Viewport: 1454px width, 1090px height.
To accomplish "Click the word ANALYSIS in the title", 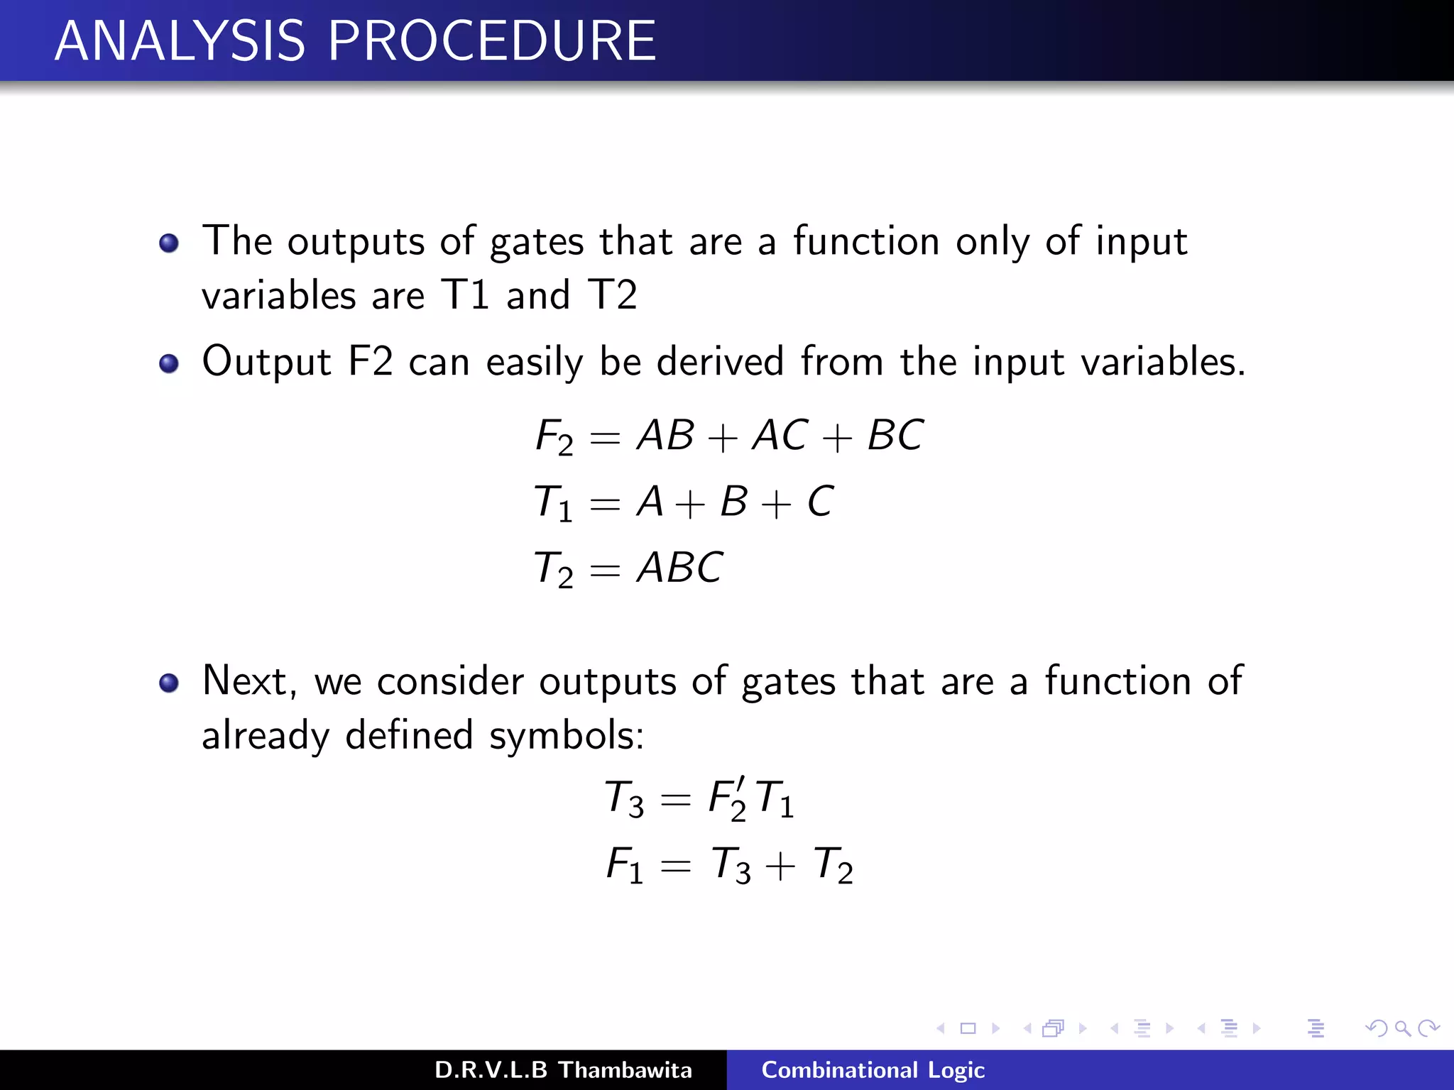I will click(x=180, y=41).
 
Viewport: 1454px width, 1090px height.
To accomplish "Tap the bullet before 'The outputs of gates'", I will click(x=169, y=244).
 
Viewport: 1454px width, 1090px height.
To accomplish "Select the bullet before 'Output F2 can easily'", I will click(x=169, y=364).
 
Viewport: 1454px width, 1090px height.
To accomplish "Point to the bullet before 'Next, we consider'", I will click(x=169, y=683).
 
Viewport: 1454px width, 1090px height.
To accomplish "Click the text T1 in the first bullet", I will click(x=466, y=294).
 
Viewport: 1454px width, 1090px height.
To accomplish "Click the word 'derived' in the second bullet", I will click(x=720, y=362).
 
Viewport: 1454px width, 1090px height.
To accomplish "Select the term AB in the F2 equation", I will click(x=665, y=435).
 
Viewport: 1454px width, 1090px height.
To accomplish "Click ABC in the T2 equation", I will click(x=679, y=568).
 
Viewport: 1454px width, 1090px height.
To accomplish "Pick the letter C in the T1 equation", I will click(x=820, y=502).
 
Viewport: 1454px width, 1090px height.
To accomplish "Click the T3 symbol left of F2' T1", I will click(x=624, y=798).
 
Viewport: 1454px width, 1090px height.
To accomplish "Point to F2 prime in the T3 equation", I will click(x=728, y=798).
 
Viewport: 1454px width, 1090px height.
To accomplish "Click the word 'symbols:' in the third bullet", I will click(x=567, y=735).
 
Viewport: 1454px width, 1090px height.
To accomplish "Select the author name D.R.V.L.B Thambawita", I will click(x=563, y=1070).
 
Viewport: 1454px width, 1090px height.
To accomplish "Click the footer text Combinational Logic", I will click(x=873, y=1070).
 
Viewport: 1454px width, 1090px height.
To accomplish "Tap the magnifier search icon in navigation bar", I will click(x=1402, y=1028).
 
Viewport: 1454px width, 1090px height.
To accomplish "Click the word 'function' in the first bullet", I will click(x=866, y=241).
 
